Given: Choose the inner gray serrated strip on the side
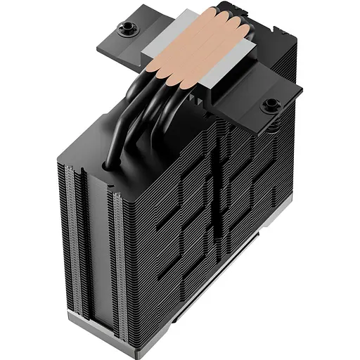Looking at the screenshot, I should coord(112,260).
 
